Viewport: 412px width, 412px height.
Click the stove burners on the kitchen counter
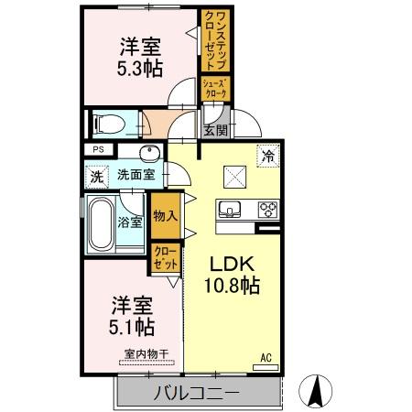point(267,208)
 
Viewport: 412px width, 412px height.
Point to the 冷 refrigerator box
point(268,156)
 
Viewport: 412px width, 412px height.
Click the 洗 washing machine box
point(96,176)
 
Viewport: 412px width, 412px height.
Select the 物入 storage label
point(166,216)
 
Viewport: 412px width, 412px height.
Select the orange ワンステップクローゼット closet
point(213,41)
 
